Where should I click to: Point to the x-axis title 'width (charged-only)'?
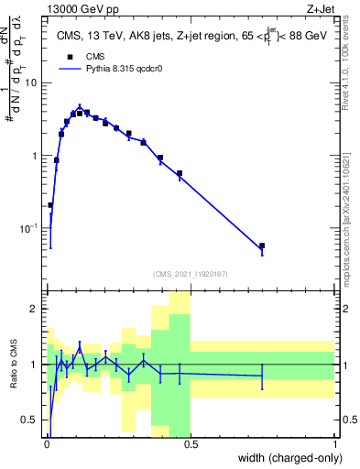[x=286, y=457]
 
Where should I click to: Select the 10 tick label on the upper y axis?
[x=31, y=83]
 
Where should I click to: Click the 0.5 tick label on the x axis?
[x=191, y=443]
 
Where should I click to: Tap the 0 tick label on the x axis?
[x=47, y=443]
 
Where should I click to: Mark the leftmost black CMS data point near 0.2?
[x=49, y=205]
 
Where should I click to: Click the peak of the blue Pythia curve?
[x=80, y=106]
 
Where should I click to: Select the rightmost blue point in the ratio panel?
[x=262, y=376]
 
